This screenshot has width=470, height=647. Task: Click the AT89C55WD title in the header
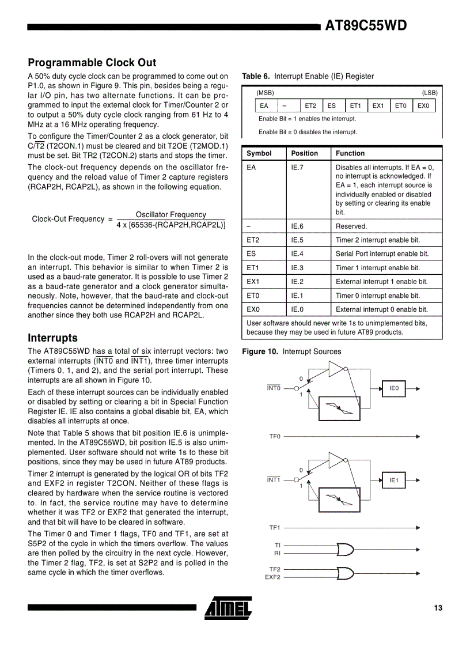[366, 26]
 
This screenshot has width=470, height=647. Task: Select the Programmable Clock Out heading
[92, 63]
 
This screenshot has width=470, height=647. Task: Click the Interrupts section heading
[52, 338]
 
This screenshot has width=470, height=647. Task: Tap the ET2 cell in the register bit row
[310, 106]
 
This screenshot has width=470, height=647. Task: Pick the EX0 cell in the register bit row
[423, 106]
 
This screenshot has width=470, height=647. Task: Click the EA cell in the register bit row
[264, 106]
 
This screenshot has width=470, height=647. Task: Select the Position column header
[304, 153]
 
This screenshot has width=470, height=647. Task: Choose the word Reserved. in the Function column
[351, 226]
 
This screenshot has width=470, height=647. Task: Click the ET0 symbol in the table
[253, 296]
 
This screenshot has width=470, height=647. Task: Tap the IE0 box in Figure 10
[394, 389]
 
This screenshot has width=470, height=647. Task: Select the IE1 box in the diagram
[394, 480]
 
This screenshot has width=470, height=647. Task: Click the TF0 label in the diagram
[275, 437]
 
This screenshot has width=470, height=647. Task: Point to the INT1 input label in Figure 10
[273, 480]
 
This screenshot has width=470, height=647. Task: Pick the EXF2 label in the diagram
[272, 577]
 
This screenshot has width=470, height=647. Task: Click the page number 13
[438, 608]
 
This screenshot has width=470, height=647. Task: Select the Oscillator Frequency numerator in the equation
[170, 214]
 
